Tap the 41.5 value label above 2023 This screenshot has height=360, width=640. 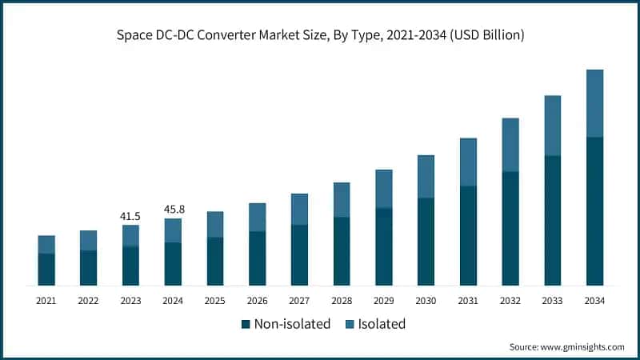tap(130, 216)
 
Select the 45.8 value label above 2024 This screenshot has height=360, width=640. tap(173, 210)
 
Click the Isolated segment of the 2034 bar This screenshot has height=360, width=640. tap(594, 103)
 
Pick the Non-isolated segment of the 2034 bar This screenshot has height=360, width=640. tap(594, 211)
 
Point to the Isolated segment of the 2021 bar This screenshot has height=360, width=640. tap(46, 244)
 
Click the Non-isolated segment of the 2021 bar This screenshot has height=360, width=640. tap(46, 269)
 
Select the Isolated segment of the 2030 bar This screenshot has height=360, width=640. tap(426, 176)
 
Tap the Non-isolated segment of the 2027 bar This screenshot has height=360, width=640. tap(299, 254)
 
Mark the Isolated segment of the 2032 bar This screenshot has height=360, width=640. tap(510, 145)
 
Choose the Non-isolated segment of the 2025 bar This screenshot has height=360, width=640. tap(214, 261)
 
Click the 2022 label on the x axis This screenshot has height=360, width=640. tap(88, 301)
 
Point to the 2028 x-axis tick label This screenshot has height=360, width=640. tap(342, 301)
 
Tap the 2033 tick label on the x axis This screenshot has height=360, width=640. tap(552, 301)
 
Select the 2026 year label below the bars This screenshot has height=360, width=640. tap(257, 301)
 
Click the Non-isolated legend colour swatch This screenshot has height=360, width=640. tap(246, 325)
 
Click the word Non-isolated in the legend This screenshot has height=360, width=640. tap(292, 324)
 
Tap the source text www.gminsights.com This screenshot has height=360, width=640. tap(582, 346)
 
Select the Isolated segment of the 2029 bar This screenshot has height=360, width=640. tap(384, 188)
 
